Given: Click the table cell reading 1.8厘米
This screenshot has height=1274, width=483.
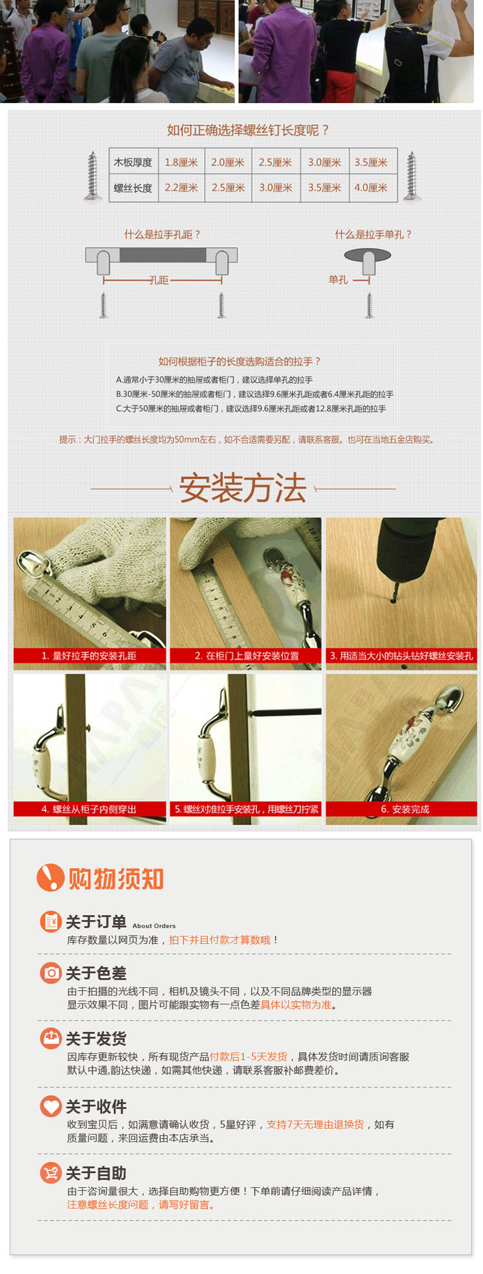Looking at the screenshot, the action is point(181,162).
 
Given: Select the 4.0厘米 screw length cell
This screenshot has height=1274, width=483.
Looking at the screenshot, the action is point(371,188).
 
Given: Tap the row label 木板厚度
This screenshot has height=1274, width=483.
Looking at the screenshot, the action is point(133,162).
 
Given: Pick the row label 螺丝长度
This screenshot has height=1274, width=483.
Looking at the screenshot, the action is point(133,188).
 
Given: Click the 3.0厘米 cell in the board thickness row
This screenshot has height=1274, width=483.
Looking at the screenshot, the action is point(324,162).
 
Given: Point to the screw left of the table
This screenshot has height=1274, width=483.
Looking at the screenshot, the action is point(93,176).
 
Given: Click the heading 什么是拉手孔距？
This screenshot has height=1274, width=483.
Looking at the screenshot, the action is point(162,235).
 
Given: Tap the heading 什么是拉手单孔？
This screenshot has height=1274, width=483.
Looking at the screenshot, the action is point(373,235).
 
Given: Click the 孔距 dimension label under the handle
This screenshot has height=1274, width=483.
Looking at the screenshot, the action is point(158,281).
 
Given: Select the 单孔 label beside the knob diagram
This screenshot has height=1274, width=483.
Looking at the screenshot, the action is point(338,280).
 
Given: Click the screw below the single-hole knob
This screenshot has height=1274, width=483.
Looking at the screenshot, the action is point(370,305).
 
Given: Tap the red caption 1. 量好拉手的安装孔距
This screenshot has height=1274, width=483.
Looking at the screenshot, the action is point(89,656).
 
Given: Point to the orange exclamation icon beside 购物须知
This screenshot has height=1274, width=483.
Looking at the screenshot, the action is point(50,878).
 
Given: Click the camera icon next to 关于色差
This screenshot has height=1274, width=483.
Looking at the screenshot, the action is point(50,973).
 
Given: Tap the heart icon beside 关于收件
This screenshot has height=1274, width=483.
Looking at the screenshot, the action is point(50,1106).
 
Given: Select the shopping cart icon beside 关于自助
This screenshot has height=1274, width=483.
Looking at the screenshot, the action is point(50,1172).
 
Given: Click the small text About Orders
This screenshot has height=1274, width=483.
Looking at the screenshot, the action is point(154,926).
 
